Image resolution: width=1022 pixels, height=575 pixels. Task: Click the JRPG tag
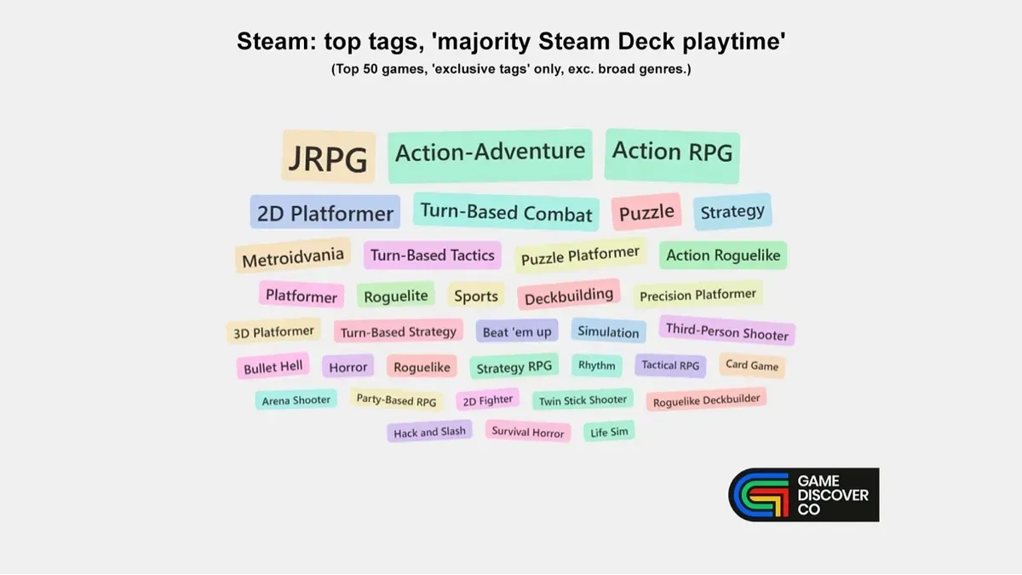[328, 158]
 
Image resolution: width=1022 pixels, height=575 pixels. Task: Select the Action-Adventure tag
[490, 153]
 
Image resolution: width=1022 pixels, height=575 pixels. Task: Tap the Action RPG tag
[672, 152]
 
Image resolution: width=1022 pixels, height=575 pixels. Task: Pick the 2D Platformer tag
[325, 213]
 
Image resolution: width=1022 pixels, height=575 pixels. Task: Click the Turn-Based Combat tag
[506, 212]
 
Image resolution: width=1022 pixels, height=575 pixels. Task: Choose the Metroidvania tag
[293, 256]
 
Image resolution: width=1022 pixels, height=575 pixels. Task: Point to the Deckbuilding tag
[569, 296]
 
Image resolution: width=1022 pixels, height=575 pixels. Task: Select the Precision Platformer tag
[698, 296]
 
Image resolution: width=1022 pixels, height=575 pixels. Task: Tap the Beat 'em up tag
[517, 331]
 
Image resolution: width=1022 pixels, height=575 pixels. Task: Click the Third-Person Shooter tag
[726, 331]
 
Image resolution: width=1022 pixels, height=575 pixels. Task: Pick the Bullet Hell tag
[273, 367]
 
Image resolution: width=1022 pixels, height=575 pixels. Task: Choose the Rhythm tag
[596, 365]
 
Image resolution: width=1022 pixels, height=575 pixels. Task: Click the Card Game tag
[751, 365]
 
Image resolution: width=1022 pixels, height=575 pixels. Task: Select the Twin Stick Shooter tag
[583, 400]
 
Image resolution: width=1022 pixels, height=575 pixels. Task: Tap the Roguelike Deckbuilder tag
[706, 400]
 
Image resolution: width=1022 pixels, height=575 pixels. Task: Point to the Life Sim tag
[609, 432]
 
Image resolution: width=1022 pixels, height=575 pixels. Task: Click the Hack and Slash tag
[429, 432]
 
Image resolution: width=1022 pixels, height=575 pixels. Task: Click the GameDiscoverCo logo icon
[758, 494]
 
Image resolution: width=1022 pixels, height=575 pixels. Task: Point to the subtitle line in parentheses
[510, 69]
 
